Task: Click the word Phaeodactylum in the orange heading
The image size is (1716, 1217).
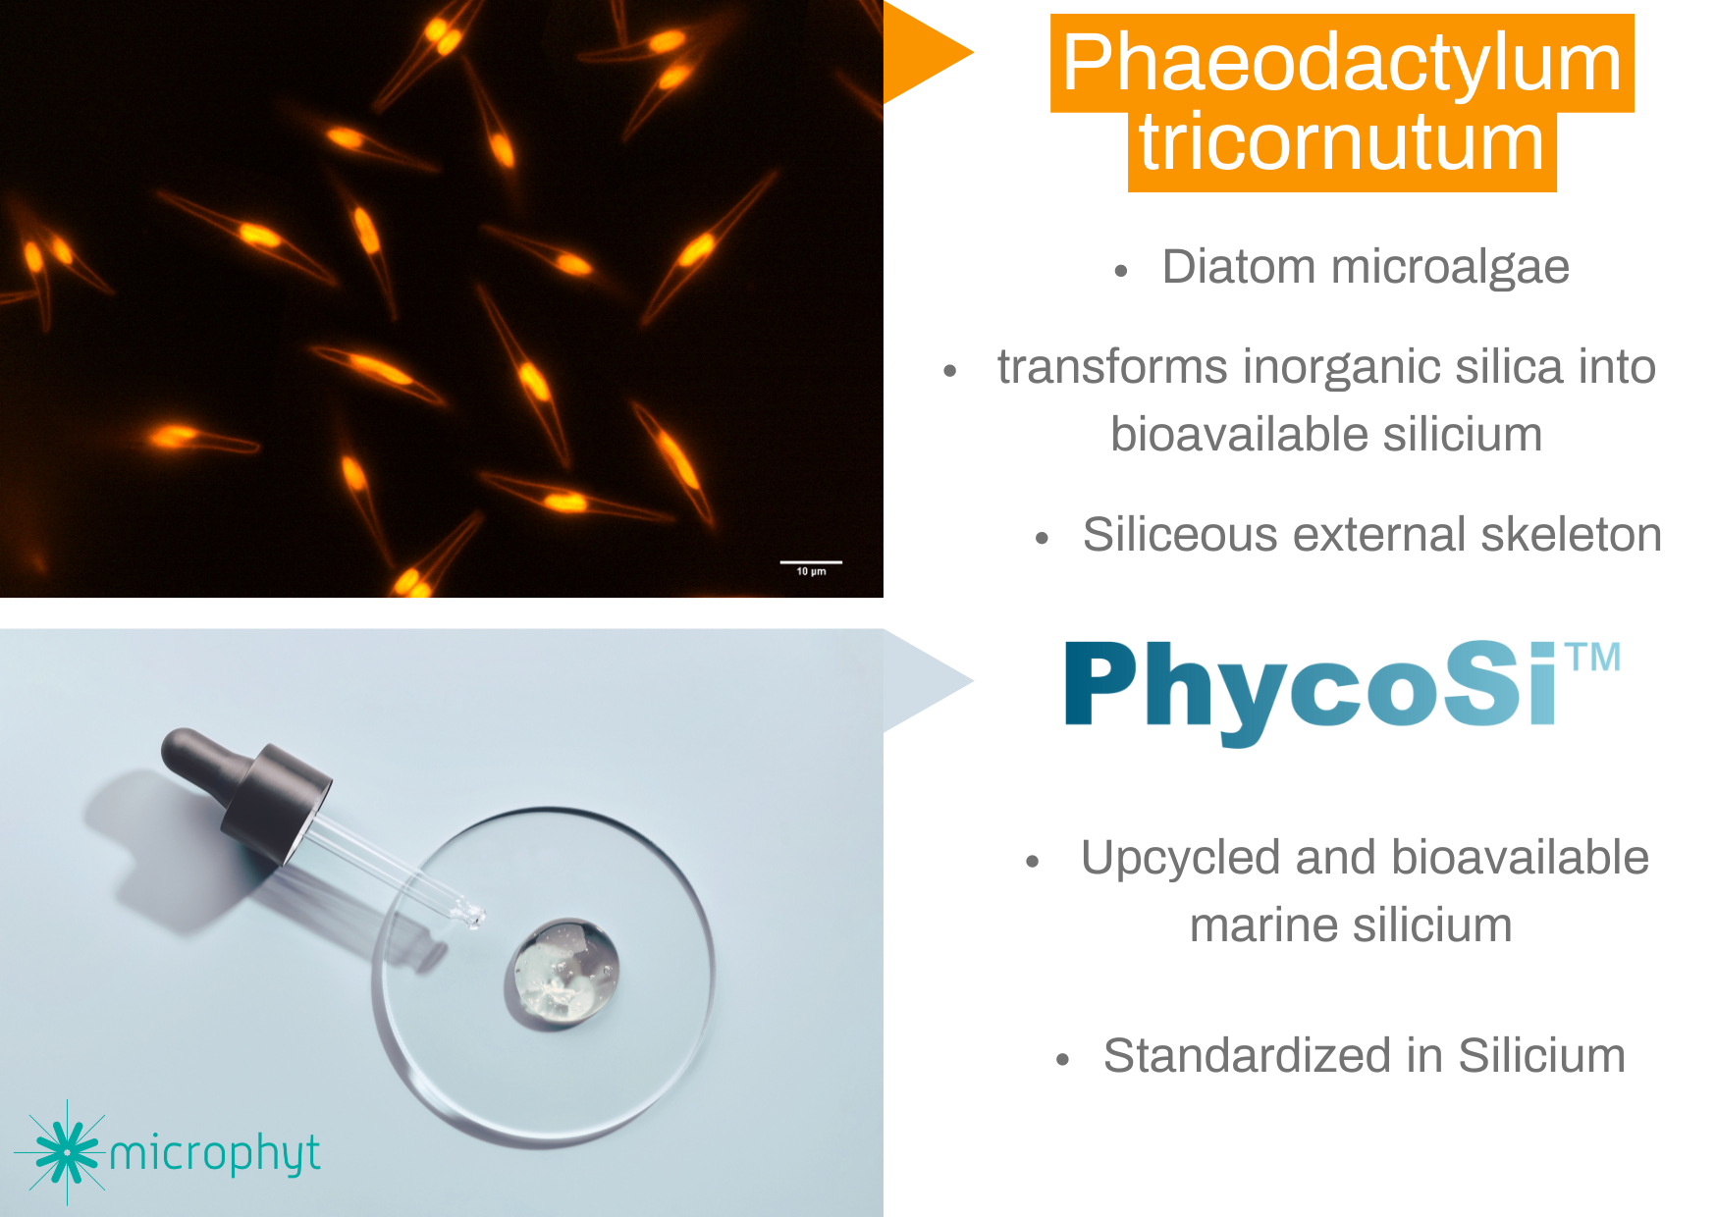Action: coord(1341,63)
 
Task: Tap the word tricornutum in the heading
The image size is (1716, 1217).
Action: coord(1341,144)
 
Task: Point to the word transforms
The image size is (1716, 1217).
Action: coord(1112,367)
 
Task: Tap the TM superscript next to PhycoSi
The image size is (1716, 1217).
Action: coord(1593,658)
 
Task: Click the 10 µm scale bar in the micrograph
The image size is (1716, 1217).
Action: coord(810,564)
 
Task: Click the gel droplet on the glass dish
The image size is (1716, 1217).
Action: coord(563,973)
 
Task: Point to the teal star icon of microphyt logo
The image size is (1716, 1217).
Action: coord(67,1152)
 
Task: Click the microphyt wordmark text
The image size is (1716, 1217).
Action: coord(214,1154)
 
